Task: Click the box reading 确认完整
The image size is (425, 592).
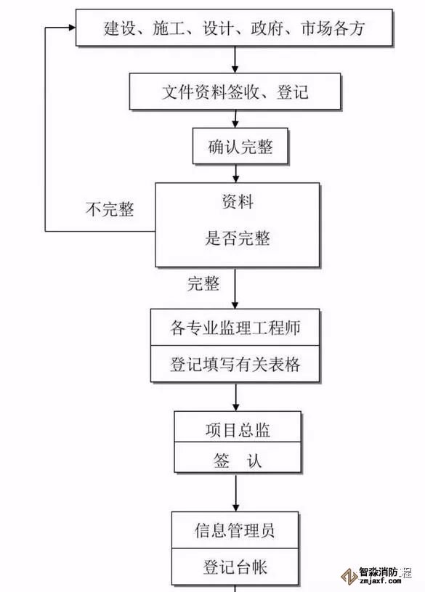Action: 240,146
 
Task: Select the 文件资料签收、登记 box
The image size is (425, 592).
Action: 235,92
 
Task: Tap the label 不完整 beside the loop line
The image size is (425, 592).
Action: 110,208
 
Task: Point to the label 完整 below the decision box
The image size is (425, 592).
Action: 203,283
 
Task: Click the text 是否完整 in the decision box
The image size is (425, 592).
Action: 238,238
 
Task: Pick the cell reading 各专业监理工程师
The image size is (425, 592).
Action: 235,328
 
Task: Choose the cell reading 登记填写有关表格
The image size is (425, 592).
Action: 235,364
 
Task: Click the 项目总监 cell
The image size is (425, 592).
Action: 238,426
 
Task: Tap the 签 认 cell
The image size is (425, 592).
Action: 238,457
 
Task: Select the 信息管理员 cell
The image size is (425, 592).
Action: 235,530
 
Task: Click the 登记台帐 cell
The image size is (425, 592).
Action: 235,567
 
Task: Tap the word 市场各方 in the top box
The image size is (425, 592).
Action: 333,28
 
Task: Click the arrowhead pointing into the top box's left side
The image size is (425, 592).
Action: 72,27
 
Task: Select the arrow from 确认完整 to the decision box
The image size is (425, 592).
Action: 235,174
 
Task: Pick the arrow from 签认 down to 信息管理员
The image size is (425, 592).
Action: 235,492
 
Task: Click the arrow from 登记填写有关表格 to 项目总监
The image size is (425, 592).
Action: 235,397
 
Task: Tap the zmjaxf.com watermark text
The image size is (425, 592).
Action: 381,581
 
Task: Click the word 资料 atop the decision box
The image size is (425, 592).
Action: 238,202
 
